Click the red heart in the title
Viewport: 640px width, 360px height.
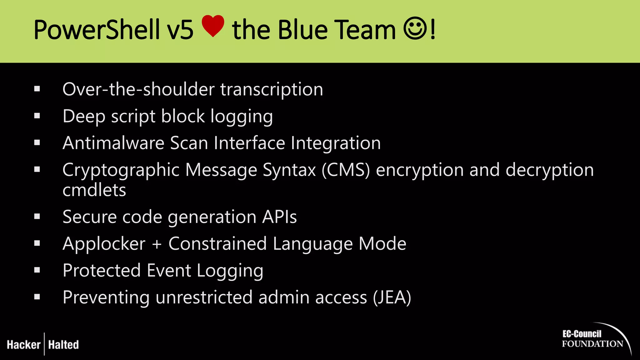coord(213,26)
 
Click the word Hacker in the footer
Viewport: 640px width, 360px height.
coord(24,345)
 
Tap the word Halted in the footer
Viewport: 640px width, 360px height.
coord(63,345)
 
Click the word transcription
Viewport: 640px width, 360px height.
coord(272,89)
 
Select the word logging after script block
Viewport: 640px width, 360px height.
coord(242,117)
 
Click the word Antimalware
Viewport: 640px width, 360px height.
coord(113,143)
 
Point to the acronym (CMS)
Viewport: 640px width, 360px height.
coord(346,170)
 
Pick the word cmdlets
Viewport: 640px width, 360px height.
coord(94,190)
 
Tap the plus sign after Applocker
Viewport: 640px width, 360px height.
coord(157,244)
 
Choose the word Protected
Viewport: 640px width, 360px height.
coord(102,270)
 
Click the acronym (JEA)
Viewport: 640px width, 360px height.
coord(392,297)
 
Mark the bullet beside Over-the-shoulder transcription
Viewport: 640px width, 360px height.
coord(37,89)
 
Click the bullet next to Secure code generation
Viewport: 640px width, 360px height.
coord(37,217)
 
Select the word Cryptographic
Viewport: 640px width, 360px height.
coord(121,171)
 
